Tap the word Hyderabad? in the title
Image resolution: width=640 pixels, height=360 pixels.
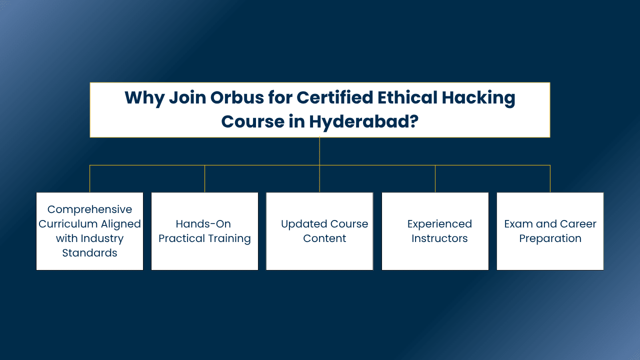coord(363,121)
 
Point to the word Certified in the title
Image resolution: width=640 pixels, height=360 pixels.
coord(335,97)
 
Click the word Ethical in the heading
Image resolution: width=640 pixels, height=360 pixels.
coord(407,97)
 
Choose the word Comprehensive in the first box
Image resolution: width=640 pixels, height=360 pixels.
coord(89,210)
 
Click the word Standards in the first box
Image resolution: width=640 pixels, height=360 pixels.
coord(89,253)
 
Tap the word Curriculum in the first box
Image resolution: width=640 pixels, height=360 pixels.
coord(68,224)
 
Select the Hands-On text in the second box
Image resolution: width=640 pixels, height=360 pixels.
coord(203,224)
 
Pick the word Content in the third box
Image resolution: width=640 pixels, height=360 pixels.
coord(324,238)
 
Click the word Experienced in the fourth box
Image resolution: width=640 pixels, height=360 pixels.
coord(439,224)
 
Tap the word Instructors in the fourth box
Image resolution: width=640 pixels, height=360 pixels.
coord(439,238)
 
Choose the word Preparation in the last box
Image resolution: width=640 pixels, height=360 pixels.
coord(550,239)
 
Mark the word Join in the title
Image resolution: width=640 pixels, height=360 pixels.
coord(187,97)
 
